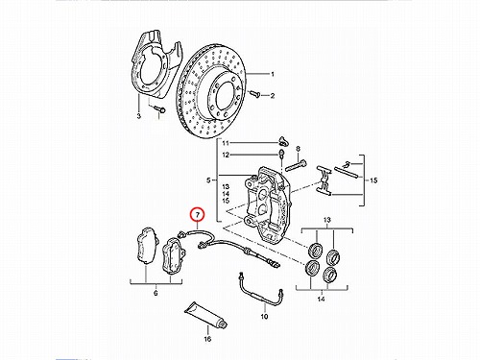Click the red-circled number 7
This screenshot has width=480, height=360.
(197, 215)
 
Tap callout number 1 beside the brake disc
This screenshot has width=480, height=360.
(273, 74)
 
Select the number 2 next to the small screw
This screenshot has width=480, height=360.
(273, 96)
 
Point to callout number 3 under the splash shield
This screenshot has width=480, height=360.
(138, 116)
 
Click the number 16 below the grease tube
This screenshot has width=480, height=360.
(207, 339)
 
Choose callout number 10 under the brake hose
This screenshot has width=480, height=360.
(264, 317)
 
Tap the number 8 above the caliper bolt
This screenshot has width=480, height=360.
(298, 149)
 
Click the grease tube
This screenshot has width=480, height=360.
(206, 315)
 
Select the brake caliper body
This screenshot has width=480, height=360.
(268, 203)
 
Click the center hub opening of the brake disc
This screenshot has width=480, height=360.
(227, 94)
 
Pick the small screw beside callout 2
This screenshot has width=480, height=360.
(254, 94)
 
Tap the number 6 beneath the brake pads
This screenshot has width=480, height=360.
(156, 293)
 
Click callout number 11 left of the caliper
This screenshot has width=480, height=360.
(226, 143)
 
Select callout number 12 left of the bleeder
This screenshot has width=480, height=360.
(226, 156)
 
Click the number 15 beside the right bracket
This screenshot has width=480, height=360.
(373, 180)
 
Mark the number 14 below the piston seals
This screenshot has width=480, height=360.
(321, 299)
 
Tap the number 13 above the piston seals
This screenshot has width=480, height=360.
(326, 220)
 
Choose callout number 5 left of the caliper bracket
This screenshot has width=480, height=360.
(208, 180)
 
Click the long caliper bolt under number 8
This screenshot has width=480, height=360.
(296, 166)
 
